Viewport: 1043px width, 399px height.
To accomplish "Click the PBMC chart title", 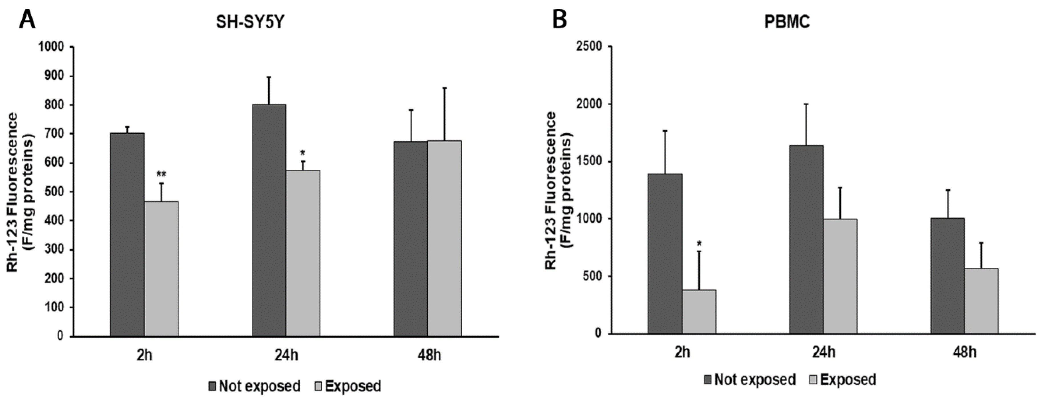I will tap(787, 23).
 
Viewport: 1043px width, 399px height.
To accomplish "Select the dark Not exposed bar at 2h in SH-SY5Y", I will tap(127, 235).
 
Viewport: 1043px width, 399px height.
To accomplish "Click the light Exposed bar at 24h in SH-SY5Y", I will tap(303, 253).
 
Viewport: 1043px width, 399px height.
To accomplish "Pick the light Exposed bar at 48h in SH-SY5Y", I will tap(445, 239).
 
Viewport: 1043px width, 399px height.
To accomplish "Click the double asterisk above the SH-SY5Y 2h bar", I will tap(161, 175).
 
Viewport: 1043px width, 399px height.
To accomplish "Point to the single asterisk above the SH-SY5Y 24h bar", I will tap(302, 153).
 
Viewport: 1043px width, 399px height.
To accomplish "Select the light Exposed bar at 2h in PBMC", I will tap(699, 312).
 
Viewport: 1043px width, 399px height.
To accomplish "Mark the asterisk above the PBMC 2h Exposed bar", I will tap(699, 244).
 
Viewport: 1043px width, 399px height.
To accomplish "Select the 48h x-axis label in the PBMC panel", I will tap(965, 352).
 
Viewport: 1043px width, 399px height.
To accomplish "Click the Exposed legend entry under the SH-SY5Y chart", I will tap(348, 386).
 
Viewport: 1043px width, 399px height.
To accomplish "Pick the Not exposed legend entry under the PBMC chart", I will tap(750, 380).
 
